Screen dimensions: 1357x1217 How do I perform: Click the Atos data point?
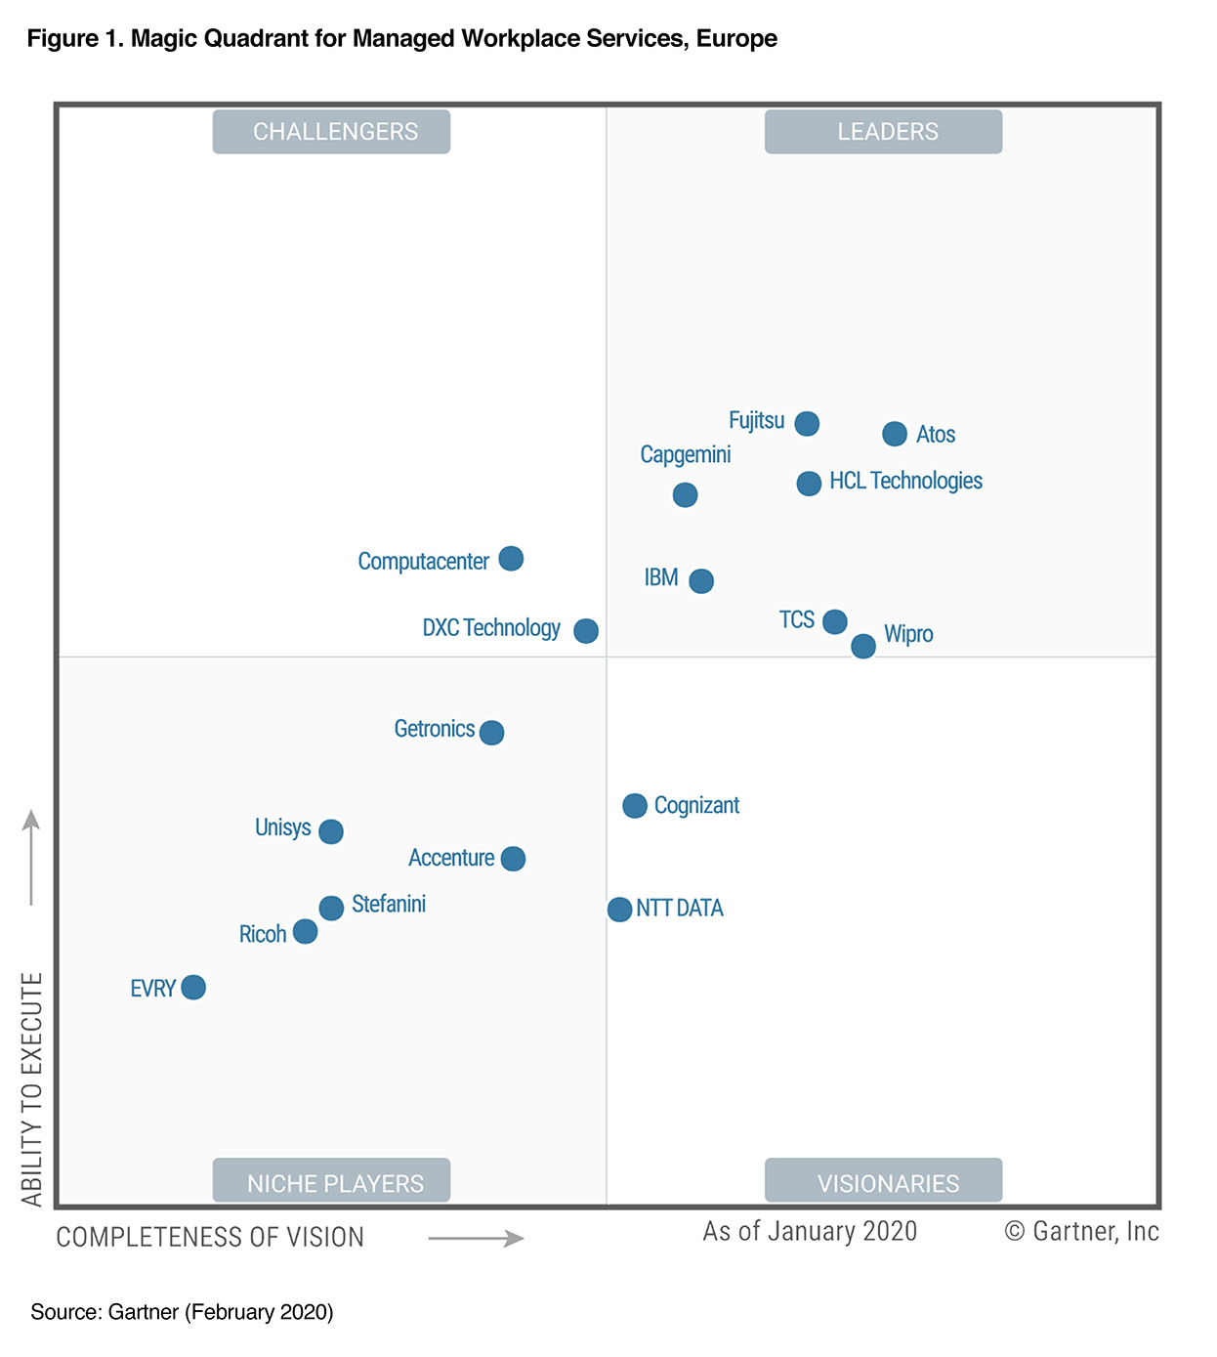point(894,434)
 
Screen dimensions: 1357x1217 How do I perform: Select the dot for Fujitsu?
point(807,423)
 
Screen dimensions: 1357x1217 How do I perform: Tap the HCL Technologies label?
point(905,481)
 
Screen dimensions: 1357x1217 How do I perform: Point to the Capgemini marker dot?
point(685,494)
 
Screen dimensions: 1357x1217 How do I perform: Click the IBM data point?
point(701,581)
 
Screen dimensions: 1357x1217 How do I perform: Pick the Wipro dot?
point(863,646)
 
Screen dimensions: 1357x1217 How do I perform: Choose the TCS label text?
point(796,619)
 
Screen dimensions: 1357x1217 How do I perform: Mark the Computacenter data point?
point(511,559)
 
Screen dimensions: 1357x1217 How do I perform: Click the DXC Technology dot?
point(586,630)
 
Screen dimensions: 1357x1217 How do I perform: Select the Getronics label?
point(434,729)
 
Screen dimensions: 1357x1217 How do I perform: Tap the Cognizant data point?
point(635,806)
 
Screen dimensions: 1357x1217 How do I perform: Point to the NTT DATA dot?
point(619,910)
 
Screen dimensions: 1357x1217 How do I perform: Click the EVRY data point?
point(193,988)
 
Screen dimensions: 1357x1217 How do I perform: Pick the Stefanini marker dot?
point(331,908)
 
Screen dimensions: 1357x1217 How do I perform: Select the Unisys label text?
point(282,827)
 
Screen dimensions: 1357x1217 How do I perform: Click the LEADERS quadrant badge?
point(883,132)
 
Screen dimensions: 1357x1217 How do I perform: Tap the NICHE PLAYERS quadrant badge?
point(331,1181)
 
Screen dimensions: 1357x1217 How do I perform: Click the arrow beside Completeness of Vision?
point(476,1239)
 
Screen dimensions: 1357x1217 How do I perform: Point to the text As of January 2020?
point(810,1231)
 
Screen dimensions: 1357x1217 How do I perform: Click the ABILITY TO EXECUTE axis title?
point(32,1088)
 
